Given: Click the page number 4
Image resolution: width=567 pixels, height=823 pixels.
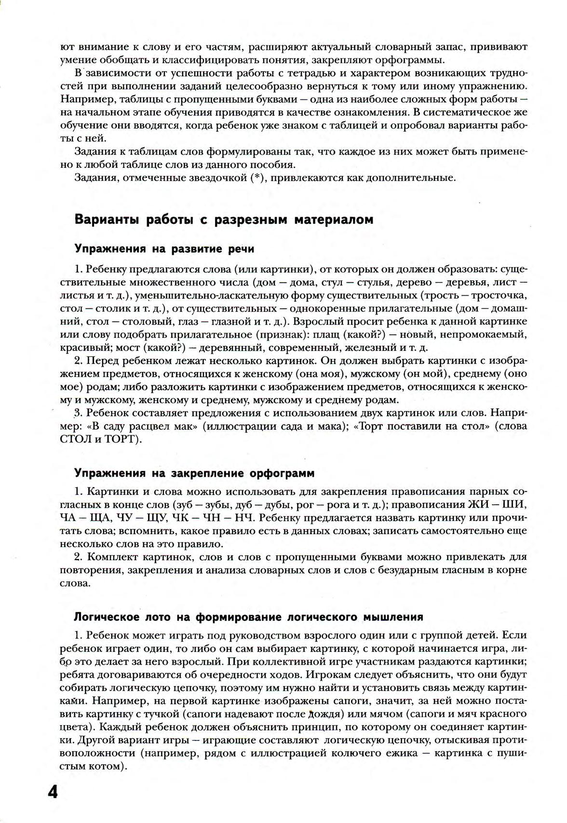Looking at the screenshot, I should (53, 792).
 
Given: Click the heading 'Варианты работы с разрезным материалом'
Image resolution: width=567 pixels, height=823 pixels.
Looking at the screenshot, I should (224, 219).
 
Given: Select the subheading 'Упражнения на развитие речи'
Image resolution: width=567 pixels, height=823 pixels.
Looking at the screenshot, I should (164, 249).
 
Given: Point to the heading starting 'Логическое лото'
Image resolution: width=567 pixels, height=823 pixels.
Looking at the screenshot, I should (249, 617).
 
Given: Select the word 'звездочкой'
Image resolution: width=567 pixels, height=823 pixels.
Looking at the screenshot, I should (211, 178).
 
